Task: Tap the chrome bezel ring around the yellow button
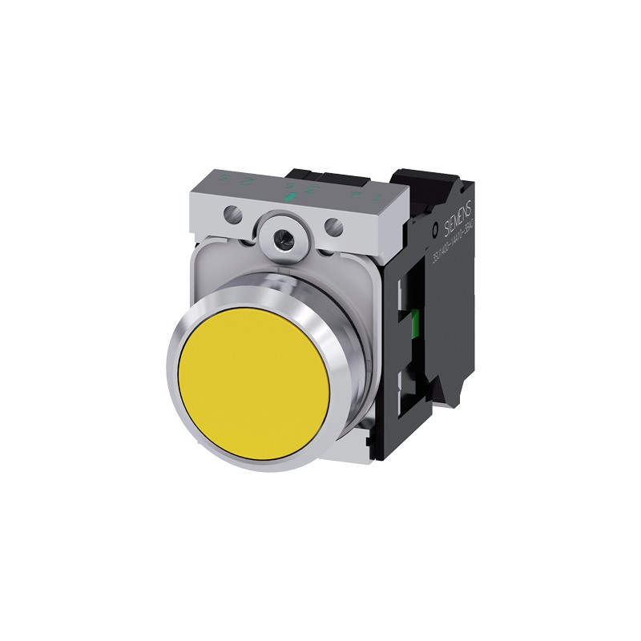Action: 180,353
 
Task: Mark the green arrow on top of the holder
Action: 291,196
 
